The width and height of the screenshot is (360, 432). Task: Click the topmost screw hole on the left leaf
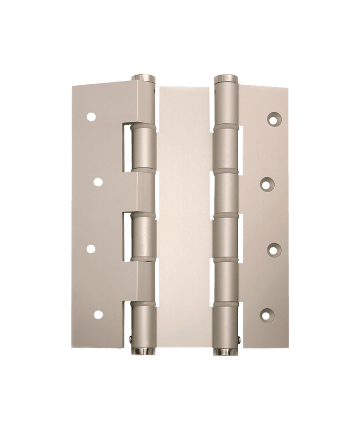tap(91, 116)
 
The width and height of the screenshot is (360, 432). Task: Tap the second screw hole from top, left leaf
tap(98, 182)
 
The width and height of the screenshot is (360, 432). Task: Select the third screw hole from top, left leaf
tap(91, 248)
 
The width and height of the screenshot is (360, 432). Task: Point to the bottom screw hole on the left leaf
tap(98, 315)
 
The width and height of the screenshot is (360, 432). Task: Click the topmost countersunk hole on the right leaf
tap(273, 119)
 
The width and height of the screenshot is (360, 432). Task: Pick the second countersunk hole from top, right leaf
tap(266, 183)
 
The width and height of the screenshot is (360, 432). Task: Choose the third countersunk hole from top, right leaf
tap(273, 248)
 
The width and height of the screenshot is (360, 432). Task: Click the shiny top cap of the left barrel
tap(143, 77)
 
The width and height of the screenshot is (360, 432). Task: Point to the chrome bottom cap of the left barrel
tap(143, 351)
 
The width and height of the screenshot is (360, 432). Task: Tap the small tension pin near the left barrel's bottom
tap(132, 341)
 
